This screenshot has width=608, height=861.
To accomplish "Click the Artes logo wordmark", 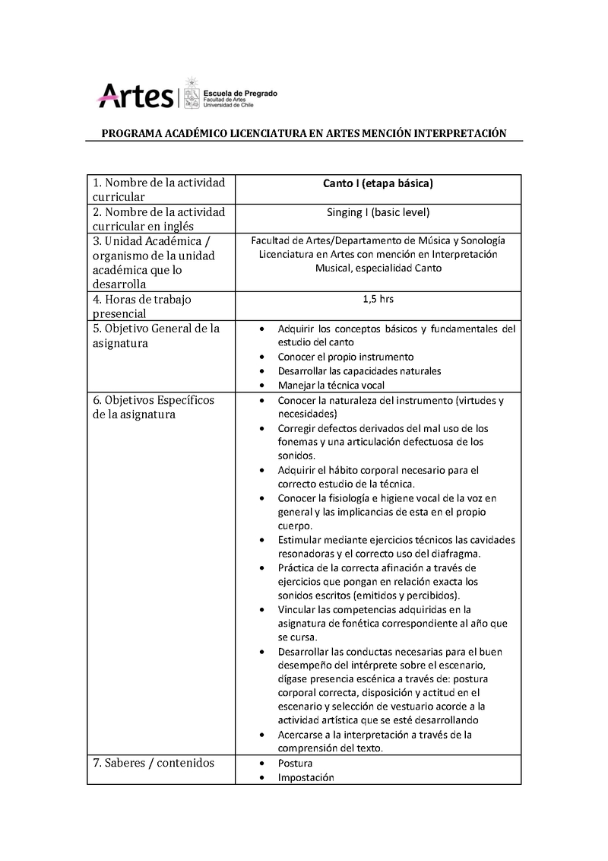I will [x=135, y=95].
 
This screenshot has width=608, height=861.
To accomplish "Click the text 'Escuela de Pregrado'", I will [x=240, y=93].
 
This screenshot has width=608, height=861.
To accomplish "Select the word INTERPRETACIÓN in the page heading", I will [x=460, y=133].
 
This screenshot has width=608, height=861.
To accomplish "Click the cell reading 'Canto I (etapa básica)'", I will [x=378, y=183].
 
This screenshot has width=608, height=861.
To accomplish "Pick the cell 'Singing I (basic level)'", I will [x=378, y=212].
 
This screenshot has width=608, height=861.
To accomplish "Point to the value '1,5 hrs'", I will [x=378, y=299].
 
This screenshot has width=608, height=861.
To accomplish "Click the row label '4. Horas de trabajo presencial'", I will [x=142, y=306].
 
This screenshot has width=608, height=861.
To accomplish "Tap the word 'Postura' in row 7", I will [x=295, y=763].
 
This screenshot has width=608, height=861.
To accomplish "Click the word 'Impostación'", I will [x=306, y=777].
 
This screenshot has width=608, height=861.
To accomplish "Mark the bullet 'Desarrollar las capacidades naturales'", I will [x=359, y=371].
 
